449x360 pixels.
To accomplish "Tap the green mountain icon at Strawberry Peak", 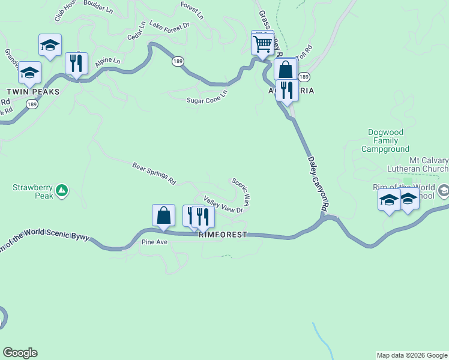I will [61, 191].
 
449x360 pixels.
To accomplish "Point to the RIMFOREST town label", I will [223, 235].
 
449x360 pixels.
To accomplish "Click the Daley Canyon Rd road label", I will [318, 183].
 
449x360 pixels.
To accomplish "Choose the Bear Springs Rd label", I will [154, 173].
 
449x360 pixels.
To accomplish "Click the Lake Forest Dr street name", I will [169, 26].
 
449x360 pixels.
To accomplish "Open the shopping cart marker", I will [262, 43].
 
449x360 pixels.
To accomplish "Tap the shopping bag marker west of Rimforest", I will [163, 215].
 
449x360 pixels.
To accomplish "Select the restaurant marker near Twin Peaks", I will [76, 62].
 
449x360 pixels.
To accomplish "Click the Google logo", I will [20, 353].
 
